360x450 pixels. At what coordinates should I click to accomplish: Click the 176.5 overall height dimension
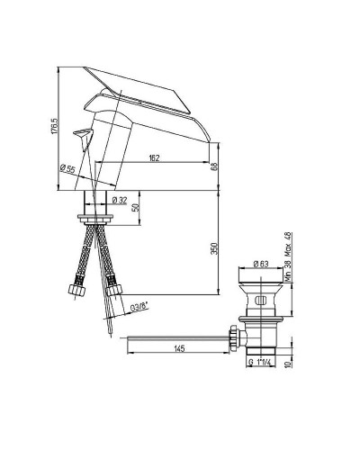[x=54, y=126]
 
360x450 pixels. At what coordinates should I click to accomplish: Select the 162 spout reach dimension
[x=154, y=157]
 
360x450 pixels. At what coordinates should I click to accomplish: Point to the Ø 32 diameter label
[x=120, y=200]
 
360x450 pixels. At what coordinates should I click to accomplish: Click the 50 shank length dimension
[x=136, y=207]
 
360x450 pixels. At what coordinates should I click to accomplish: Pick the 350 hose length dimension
[x=215, y=248]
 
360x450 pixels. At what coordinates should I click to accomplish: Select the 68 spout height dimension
[x=214, y=166]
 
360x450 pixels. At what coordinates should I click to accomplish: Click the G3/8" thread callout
[x=139, y=307]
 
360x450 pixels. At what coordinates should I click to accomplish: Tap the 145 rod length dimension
[x=179, y=348]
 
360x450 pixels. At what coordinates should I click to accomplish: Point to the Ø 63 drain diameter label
[x=261, y=264]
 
